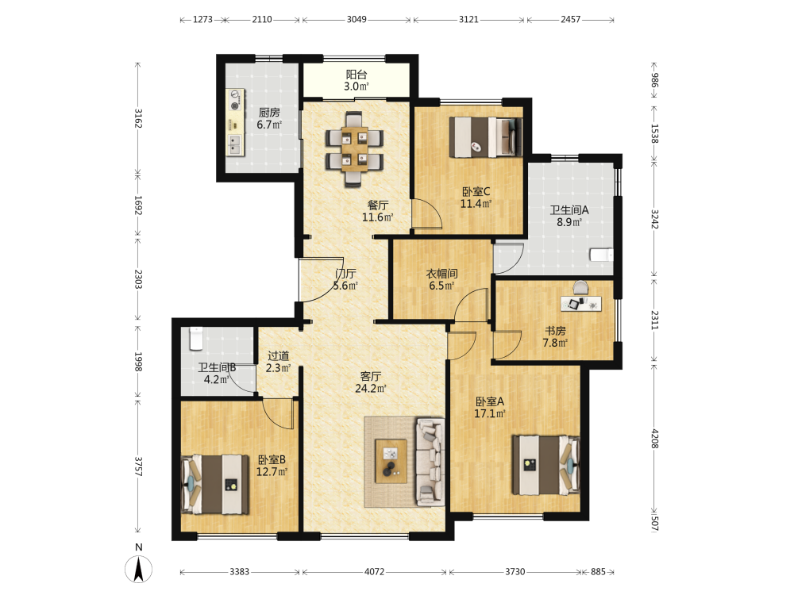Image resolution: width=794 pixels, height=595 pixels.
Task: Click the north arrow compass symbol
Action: click(138, 569)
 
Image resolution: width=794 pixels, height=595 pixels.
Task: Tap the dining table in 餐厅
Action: click(354, 149)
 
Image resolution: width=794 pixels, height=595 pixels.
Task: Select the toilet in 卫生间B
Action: click(196, 339)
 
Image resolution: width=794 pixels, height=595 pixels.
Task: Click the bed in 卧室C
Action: click(486, 136)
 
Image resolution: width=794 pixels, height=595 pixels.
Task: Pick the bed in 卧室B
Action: click(215, 484)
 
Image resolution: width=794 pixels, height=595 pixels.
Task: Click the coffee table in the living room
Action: click(391, 460)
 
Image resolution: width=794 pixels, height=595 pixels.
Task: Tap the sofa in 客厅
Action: click(430, 462)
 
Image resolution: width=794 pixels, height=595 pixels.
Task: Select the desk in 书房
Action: click(581, 304)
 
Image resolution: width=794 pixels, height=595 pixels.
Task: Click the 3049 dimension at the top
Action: click(357, 19)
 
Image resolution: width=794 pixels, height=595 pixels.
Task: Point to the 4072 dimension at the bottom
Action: click(374, 572)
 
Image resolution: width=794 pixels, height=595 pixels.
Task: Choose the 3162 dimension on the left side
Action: click(137, 118)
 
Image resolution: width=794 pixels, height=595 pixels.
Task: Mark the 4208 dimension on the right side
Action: click(654, 439)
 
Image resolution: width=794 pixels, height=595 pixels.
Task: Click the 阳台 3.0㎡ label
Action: click(357, 80)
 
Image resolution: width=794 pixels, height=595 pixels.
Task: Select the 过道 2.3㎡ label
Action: click(278, 362)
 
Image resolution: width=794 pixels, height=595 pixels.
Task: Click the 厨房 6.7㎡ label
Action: click(269, 118)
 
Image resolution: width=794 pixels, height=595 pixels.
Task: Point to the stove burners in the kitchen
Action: click(234, 100)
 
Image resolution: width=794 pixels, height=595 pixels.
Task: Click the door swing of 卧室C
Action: click(427, 214)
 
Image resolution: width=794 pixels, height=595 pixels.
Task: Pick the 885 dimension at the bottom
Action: click(598, 572)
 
